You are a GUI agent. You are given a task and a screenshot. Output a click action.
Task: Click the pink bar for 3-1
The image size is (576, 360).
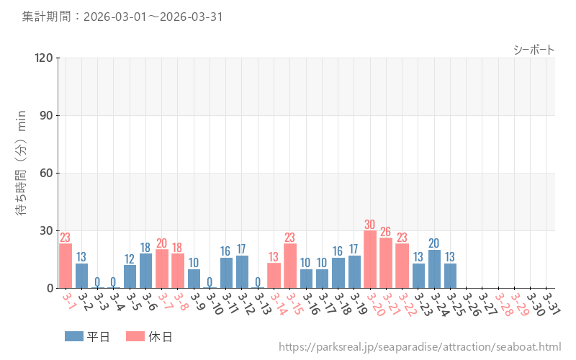[x=66, y=266]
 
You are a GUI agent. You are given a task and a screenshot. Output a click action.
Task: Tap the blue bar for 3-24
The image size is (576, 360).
[x=434, y=269]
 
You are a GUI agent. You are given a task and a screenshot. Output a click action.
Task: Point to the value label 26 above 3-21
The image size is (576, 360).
[x=386, y=232]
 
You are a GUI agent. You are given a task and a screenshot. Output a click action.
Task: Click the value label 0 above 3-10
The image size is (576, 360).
[x=210, y=282]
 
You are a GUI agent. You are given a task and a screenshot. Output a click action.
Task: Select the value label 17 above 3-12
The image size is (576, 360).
[x=242, y=249]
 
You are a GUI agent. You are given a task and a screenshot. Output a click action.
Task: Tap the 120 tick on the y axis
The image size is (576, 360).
[x=44, y=58]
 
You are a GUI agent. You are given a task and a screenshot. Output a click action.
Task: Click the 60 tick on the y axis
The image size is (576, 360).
[x=46, y=173]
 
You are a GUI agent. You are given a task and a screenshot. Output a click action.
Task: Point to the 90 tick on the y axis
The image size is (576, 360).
[x=46, y=115]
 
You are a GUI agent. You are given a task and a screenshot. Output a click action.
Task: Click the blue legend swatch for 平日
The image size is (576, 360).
[x=74, y=336]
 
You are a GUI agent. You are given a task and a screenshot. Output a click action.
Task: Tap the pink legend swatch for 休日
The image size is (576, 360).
[x=135, y=336]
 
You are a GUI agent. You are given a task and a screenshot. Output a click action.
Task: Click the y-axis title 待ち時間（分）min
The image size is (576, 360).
[x=22, y=173]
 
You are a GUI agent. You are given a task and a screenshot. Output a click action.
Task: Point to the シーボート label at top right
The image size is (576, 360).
[x=534, y=50]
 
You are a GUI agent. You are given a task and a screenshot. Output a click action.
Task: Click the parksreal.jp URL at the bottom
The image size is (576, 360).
[x=420, y=348]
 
